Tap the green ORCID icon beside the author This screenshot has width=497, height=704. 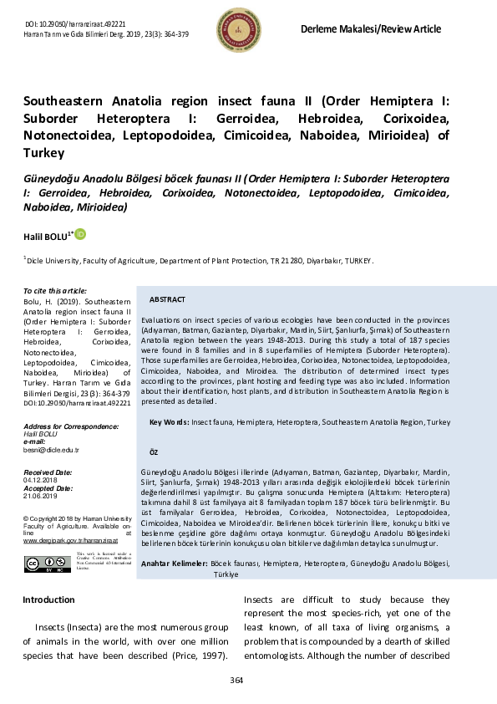(81, 236)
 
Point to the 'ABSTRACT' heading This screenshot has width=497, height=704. (167, 299)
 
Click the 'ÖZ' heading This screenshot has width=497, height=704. (153, 451)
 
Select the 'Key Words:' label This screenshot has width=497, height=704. (169, 423)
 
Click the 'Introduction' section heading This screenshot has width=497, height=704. (48, 600)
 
